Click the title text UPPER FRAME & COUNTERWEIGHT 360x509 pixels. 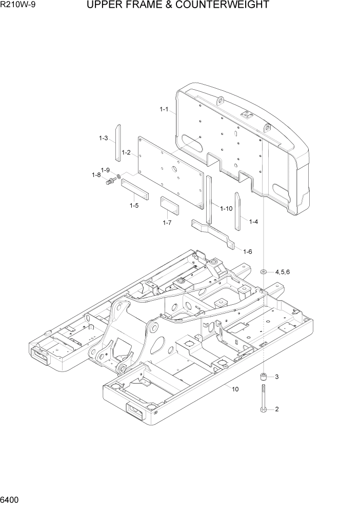click(178, 6)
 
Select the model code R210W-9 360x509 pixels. click(17, 6)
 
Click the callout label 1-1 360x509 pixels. click(164, 109)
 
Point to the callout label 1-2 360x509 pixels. click(126, 152)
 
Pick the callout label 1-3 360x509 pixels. click(103, 138)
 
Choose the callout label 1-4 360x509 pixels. click(253, 222)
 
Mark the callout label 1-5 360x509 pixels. click(134, 205)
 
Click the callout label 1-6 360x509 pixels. click(247, 251)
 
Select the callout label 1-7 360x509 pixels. click(167, 223)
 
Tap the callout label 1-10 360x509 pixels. click(226, 208)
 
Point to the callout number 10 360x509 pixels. click(235, 389)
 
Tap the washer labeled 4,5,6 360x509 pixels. click(264, 271)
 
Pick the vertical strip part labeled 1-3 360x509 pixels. click(117, 142)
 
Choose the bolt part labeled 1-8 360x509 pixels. click(110, 181)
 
